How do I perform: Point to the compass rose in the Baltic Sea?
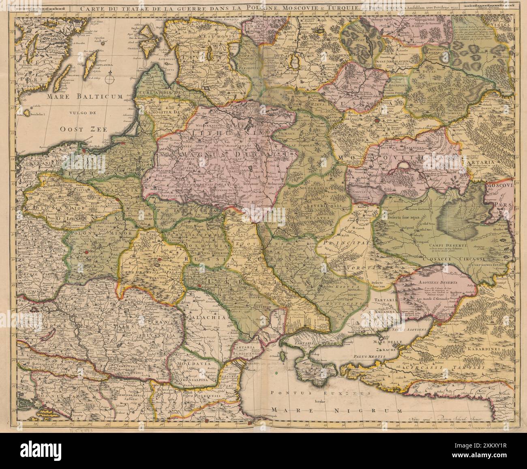[109, 77]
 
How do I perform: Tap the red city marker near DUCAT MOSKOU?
[388, 120]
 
